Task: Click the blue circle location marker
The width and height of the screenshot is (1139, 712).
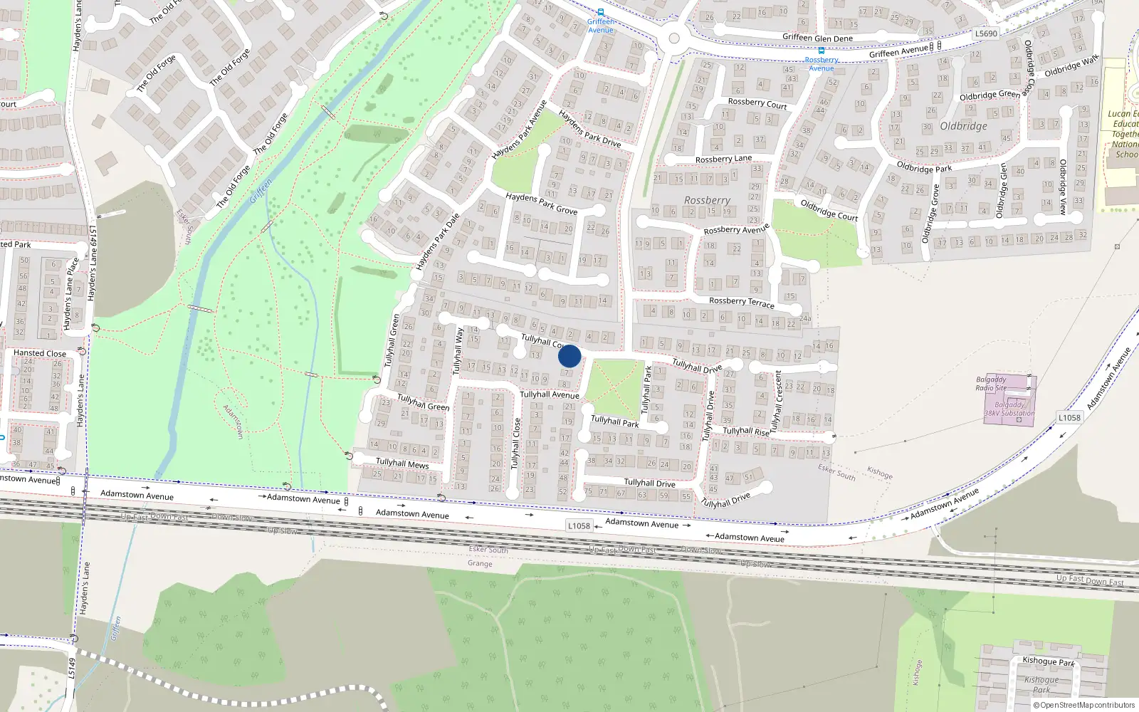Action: pyautogui.click(x=569, y=356)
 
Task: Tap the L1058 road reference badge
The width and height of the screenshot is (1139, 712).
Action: pyautogui.click(x=579, y=525)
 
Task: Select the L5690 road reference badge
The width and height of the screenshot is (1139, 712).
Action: pyautogui.click(x=986, y=33)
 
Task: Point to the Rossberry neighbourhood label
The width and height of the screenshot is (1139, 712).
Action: pyautogui.click(x=707, y=201)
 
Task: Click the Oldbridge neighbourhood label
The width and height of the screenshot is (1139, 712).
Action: pyautogui.click(x=963, y=126)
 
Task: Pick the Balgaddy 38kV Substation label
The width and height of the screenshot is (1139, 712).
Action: pyautogui.click(x=1009, y=409)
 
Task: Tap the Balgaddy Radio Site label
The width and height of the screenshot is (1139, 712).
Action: pyautogui.click(x=991, y=384)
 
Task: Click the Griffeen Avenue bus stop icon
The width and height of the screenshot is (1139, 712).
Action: pyautogui.click(x=601, y=12)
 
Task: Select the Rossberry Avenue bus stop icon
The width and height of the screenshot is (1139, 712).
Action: pyautogui.click(x=822, y=51)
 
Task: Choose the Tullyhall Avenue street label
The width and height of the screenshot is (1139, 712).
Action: pyautogui.click(x=549, y=394)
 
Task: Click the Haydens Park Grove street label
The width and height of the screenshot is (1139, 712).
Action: pyautogui.click(x=541, y=204)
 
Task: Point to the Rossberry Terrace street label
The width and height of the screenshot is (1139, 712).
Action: pyautogui.click(x=741, y=303)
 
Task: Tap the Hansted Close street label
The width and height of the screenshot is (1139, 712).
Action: pyautogui.click(x=40, y=353)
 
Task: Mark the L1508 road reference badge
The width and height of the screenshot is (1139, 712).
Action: pyautogui.click(x=1069, y=418)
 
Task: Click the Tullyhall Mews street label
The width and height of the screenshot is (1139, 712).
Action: pyautogui.click(x=402, y=463)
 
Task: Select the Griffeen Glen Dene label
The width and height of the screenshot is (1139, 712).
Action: pyautogui.click(x=817, y=38)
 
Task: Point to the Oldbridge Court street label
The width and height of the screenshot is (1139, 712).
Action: pyautogui.click(x=829, y=210)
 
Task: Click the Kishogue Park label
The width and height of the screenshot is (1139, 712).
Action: pyautogui.click(x=1048, y=661)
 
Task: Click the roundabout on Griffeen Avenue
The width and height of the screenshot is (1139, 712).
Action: pyautogui.click(x=674, y=38)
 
